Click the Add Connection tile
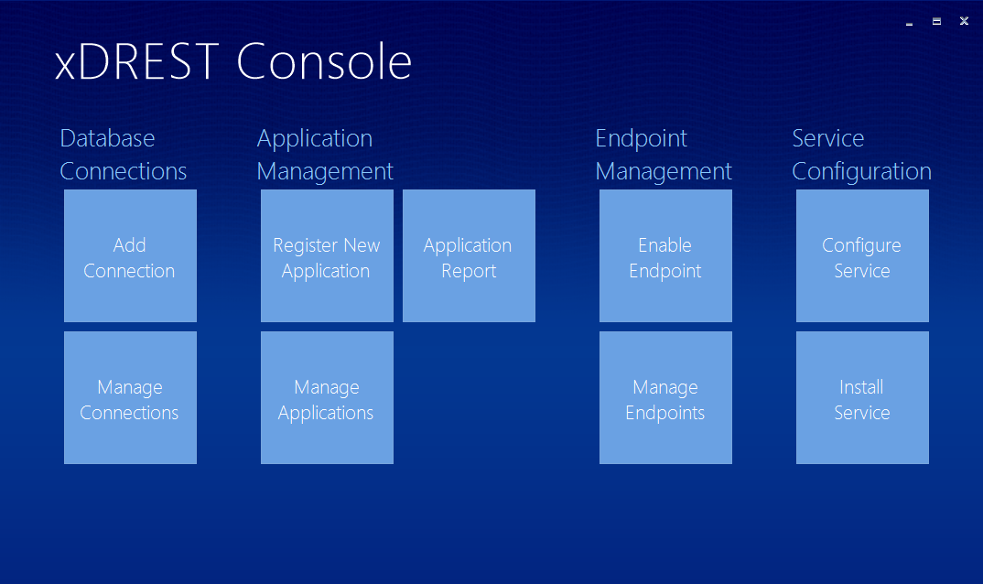(x=130, y=256)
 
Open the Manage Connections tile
(x=130, y=397)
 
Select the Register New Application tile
(x=328, y=256)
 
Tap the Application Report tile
(x=469, y=256)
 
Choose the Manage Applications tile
(x=328, y=397)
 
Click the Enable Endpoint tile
(x=665, y=256)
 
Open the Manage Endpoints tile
(x=665, y=397)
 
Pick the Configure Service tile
(x=862, y=256)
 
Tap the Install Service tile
(x=862, y=397)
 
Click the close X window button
(x=964, y=21)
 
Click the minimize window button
(x=909, y=24)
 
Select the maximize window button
(x=936, y=21)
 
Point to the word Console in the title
(x=324, y=61)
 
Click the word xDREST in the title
(x=136, y=61)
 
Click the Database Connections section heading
(x=123, y=155)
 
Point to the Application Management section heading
(x=325, y=155)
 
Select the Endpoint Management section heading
(x=664, y=155)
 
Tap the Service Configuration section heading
(x=861, y=155)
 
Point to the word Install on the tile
(x=861, y=387)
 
